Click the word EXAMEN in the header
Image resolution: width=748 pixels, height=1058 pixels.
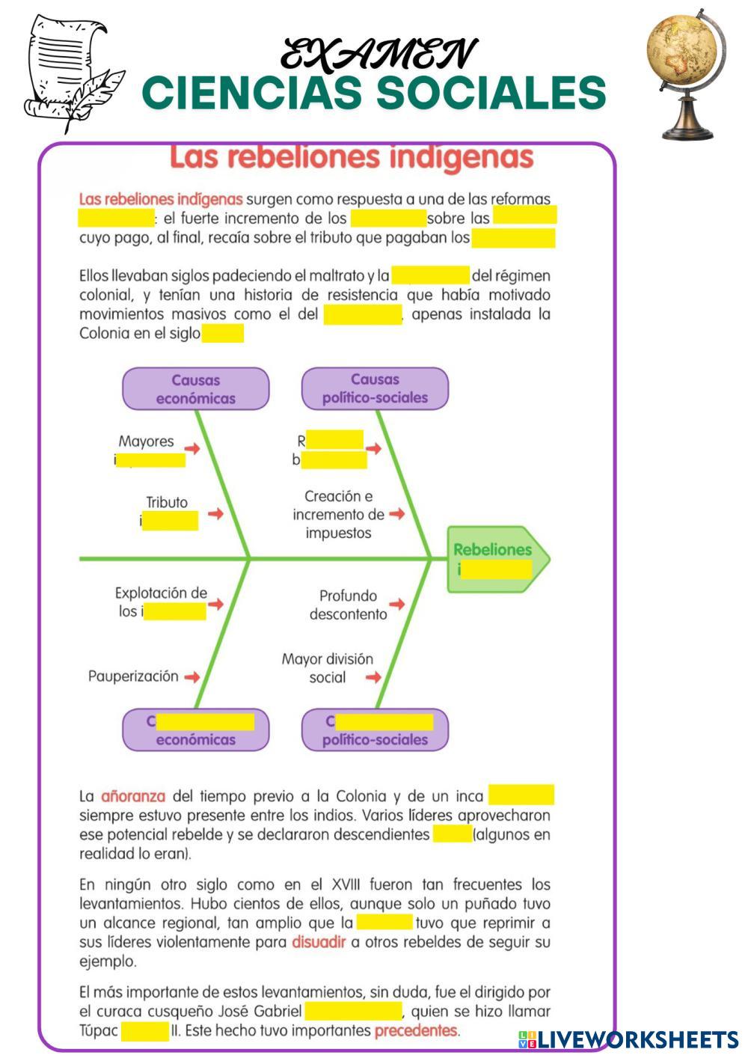coord(378,55)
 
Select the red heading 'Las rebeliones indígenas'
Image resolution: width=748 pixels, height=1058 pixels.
coord(352,158)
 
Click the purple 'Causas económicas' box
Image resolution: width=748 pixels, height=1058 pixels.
coord(195,389)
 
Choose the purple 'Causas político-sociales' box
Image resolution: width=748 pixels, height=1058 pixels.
coord(375,389)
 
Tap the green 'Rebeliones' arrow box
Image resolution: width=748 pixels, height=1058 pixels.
coord(496,559)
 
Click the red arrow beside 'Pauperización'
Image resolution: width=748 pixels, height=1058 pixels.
coord(192,677)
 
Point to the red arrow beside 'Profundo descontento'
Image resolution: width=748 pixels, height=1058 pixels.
coord(396,604)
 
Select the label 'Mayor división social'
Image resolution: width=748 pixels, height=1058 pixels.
coord(328,668)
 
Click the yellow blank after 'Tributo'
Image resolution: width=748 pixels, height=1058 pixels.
coord(171,521)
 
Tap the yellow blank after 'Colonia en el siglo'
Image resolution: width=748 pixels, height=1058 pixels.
coord(223,334)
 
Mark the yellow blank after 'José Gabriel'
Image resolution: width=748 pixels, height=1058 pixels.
coord(354,1012)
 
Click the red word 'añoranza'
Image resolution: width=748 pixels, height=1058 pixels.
coord(133,796)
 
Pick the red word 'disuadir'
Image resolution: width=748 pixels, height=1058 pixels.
coord(319,942)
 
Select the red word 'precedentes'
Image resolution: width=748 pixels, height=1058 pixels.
coord(416,1031)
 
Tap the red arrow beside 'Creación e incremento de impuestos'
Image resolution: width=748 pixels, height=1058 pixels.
coord(396,514)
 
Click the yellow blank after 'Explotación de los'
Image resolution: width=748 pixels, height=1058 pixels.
coord(175,612)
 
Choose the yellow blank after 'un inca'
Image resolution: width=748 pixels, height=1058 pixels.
coord(521,795)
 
